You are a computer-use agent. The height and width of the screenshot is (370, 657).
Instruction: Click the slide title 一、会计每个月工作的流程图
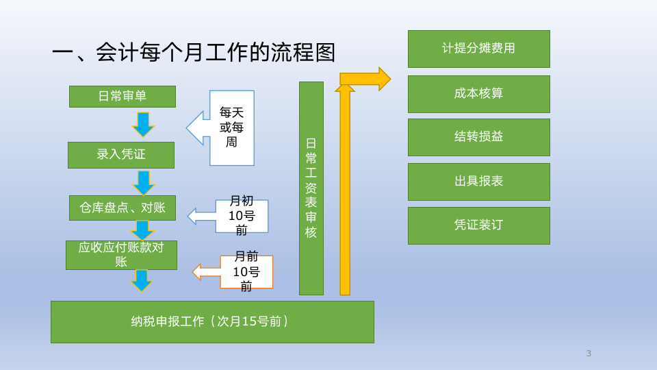tap(194, 53)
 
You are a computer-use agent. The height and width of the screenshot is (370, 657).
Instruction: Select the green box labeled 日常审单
tap(122, 97)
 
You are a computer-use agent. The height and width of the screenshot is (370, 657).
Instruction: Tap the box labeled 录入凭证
tap(121, 155)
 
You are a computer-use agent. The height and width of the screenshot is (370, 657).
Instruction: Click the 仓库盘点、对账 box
tap(122, 208)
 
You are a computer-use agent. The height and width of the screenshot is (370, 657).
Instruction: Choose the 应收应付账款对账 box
tap(121, 255)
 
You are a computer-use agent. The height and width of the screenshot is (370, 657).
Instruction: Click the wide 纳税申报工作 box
tap(212, 322)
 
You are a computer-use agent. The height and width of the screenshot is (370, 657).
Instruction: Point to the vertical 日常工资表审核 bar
tap(311, 188)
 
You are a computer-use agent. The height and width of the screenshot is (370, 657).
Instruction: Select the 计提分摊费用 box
tap(478, 49)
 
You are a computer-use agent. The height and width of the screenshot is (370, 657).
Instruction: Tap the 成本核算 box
tap(478, 94)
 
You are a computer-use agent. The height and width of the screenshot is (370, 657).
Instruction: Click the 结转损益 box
tap(478, 137)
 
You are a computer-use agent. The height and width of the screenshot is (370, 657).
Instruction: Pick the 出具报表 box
tap(478, 182)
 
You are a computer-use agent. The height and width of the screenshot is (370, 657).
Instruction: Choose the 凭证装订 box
tap(478, 225)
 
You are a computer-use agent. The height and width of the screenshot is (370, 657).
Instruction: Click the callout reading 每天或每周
tap(231, 128)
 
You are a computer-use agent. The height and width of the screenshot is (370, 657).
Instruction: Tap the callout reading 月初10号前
tap(241, 216)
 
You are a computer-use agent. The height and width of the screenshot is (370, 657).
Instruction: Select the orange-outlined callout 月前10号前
tap(246, 272)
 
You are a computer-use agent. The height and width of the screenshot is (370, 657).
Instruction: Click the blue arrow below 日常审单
tap(143, 124)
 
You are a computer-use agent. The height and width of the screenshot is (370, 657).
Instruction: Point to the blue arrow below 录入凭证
tap(143, 182)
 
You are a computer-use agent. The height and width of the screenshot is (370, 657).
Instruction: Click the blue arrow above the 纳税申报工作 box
tap(141, 280)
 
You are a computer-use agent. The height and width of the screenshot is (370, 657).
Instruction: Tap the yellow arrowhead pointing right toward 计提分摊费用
tap(383, 79)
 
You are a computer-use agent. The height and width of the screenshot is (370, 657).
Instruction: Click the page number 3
tap(589, 354)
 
